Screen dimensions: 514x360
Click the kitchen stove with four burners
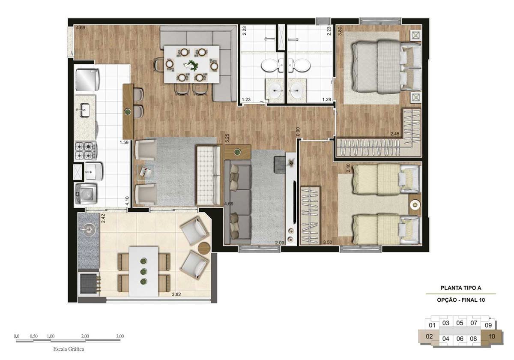coord(86,151)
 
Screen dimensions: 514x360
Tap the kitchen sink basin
coord(85,110)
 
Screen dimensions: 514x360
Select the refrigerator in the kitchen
coord(88,79)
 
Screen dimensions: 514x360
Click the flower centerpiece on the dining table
coord(191,66)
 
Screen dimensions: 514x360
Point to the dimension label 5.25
coord(227,138)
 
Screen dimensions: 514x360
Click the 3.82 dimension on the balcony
coord(176,294)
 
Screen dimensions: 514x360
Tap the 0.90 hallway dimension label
coord(298,132)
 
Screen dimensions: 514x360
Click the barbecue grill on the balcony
coord(88,284)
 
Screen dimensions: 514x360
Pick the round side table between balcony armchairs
coord(204,248)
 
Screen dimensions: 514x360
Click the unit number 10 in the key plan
coord(492,336)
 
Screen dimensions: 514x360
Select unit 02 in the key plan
coord(429,336)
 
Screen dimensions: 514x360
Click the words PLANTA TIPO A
coord(461,288)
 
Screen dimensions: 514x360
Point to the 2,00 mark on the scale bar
coord(85,336)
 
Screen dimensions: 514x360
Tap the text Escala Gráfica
coord(69,349)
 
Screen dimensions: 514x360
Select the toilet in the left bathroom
coord(273,65)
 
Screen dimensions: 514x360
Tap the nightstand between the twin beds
coord(415,204)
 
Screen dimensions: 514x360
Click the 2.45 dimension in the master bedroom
coord(395,134)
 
